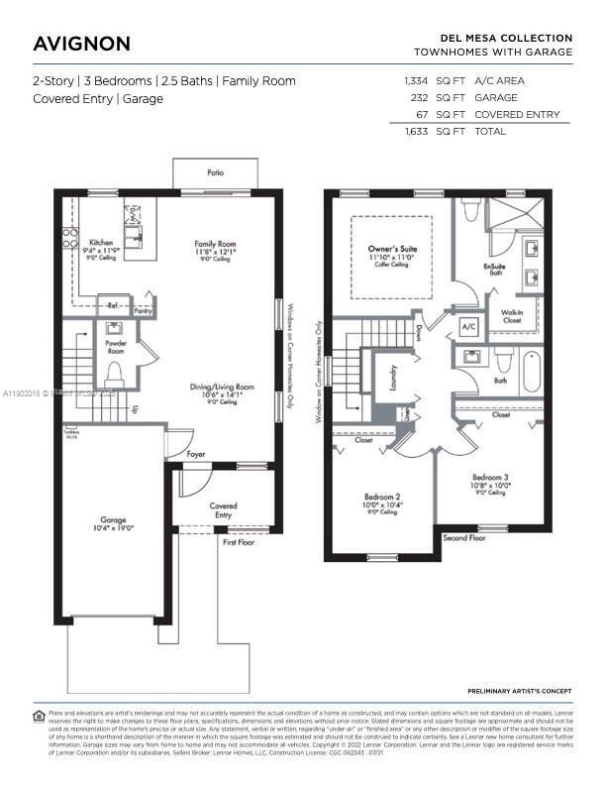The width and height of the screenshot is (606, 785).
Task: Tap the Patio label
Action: pyautogui.click(x=215, y=172)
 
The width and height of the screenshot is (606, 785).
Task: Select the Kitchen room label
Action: pyautogui.click(x=101, y=242)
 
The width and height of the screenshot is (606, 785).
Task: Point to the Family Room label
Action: pyautogui.click(x=214, y=244)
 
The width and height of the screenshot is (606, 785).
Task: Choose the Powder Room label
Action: pyautogui.click(x=116, y=346)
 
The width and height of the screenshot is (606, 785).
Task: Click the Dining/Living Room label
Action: pyautogui.click(x=222, y=388)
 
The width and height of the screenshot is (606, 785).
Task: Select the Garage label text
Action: pyautogui.click(x=112, y=519)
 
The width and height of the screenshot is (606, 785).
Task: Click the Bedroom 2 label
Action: pyautogui.click(x=382, y=496)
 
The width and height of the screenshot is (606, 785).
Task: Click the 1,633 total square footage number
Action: pyautogui.click(x=417, y=131)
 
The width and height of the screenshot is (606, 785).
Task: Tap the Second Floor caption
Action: pyautogui.click(x=463, y=537)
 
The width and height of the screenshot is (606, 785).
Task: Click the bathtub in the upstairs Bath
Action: pyautogui.click(x=531, y=371)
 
